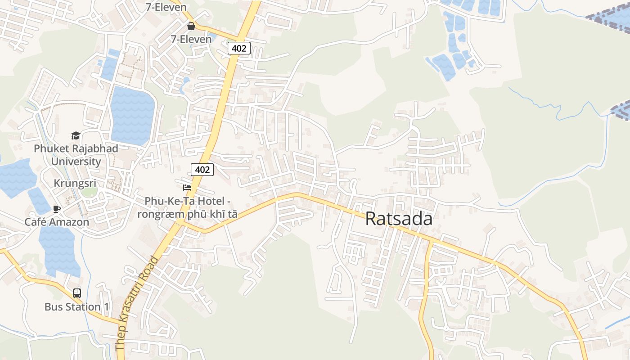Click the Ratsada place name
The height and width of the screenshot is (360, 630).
click(399, 219)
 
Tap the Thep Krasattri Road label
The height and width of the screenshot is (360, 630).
click(137, 303)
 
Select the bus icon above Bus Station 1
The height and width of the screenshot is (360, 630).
click(77, 293)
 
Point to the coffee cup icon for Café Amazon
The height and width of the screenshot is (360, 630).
click(57, 209)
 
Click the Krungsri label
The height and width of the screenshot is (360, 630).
click(75, 184)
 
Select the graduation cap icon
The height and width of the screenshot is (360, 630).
click(76, 135)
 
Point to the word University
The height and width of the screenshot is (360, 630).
click(76, 161)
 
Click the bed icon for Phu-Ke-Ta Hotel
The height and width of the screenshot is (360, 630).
click(187, 188)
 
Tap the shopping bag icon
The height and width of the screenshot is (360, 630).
click(191, 26)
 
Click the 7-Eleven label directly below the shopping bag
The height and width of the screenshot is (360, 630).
click(191, 39)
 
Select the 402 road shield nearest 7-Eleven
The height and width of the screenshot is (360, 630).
click(239, 48)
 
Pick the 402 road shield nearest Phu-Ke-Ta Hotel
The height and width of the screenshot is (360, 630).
click(202, 169)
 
